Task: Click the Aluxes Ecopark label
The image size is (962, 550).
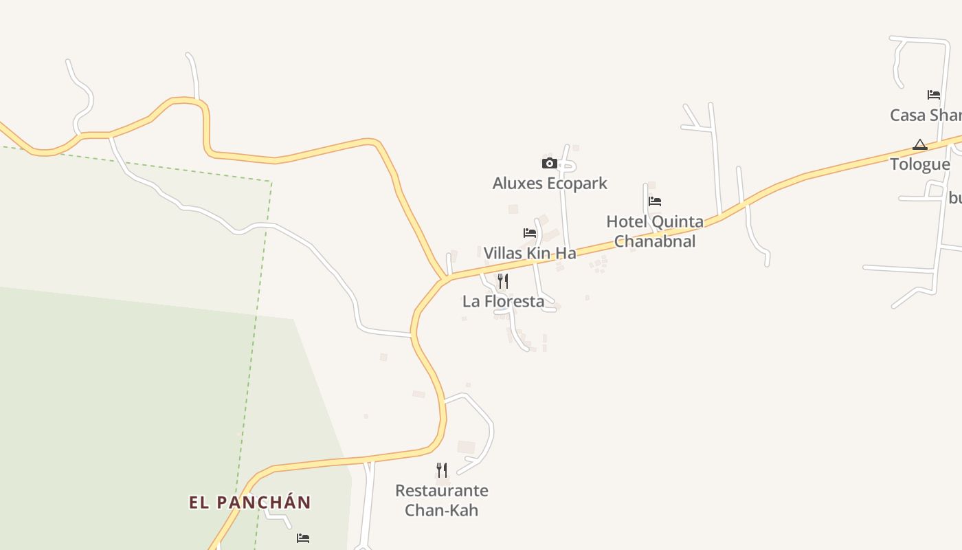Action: tap(550, 184)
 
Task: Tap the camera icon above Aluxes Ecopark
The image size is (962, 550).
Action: tap(549, 163)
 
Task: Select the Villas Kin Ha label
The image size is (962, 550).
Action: tap(530, 253)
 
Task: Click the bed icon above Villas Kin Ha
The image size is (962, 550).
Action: tap(530, 233)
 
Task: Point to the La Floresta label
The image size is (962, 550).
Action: tap(503, 301)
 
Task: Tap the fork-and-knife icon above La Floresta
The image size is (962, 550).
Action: tap(503, 280)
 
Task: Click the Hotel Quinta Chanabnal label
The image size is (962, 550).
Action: tap(655, 231)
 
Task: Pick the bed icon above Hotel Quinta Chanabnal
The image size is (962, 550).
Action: tap(655, 201)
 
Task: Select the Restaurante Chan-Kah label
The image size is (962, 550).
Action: tap(442, 500)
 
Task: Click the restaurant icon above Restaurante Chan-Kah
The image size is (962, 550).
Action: tap(442, 470)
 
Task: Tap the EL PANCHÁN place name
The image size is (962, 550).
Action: tap(250, 503)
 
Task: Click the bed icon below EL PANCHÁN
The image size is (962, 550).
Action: tap(303, 538)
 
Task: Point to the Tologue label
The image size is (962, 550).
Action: tap(920, 164)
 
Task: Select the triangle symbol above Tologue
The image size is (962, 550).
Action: tap(920, 144)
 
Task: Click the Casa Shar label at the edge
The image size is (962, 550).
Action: tap(925, 115)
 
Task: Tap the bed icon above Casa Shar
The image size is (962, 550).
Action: tap(934, 95)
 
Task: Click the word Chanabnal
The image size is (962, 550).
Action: tap(655, 241)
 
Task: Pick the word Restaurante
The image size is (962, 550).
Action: tap(442, 491)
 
